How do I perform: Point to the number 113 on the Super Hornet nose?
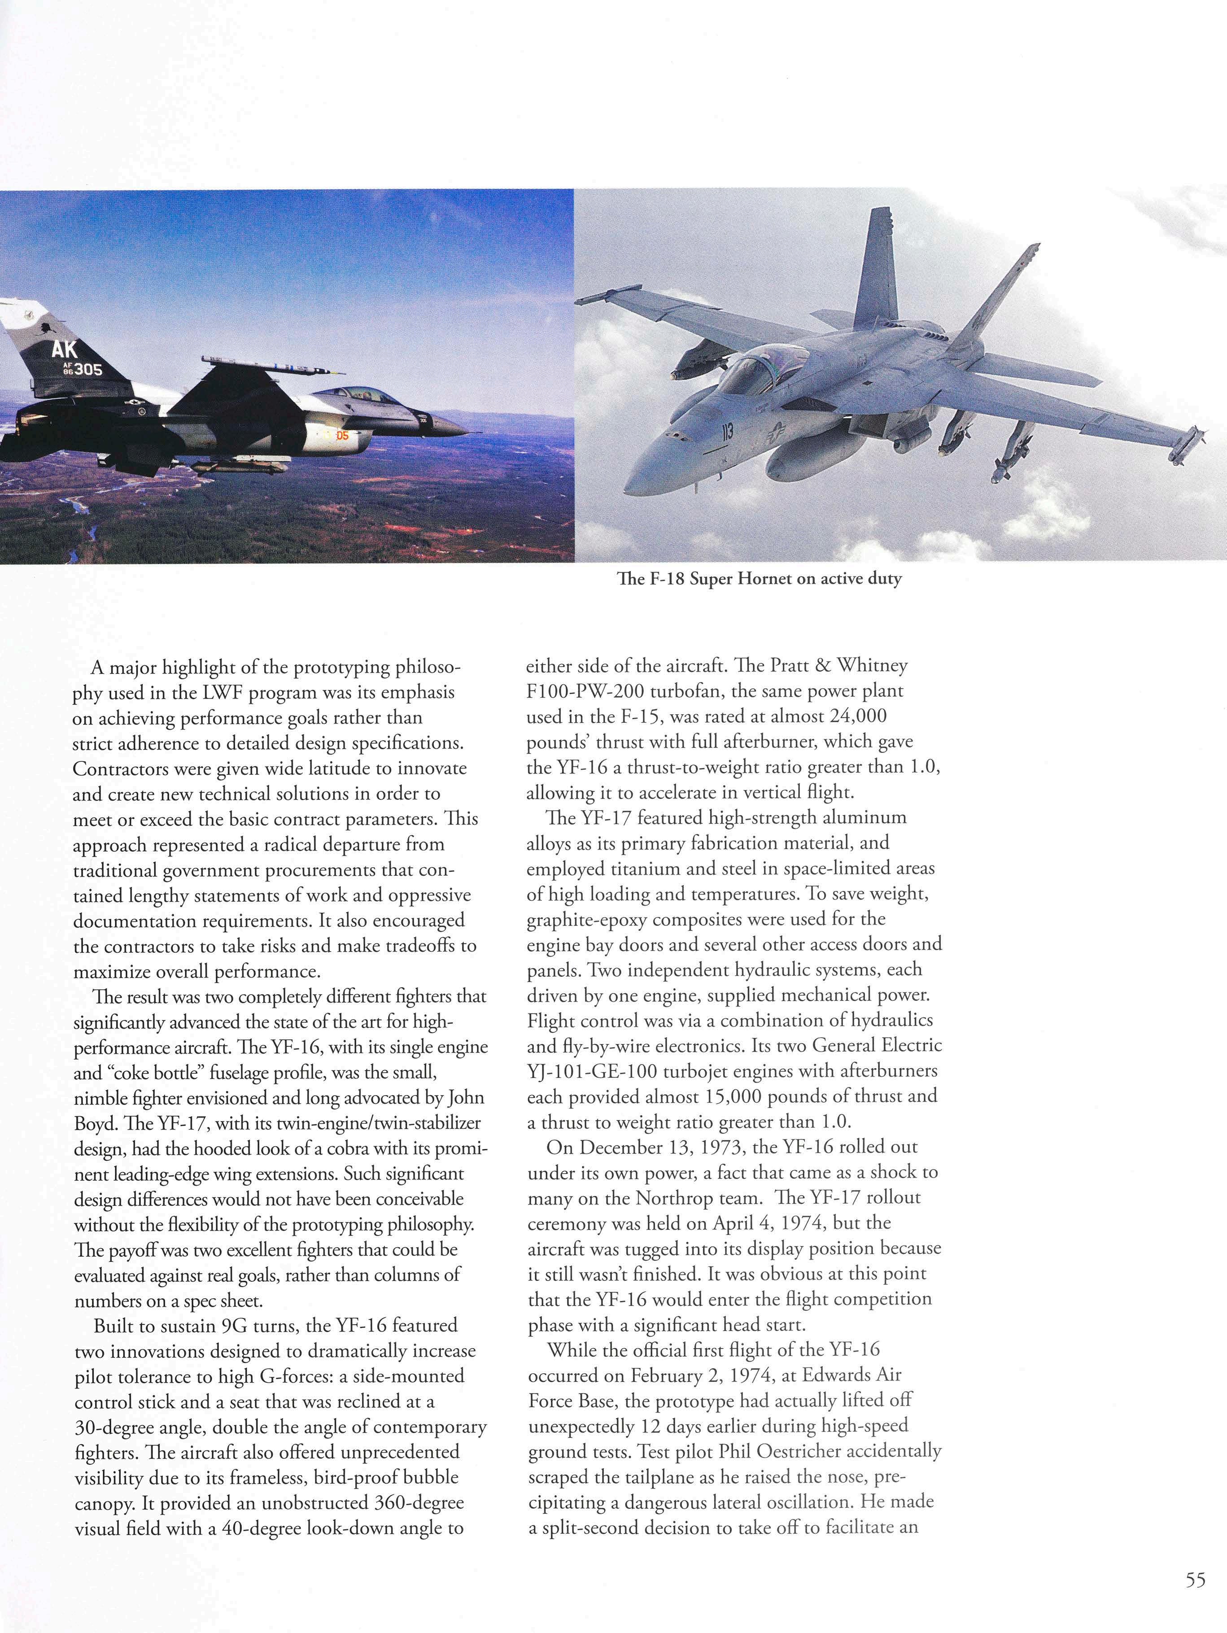point(727,432)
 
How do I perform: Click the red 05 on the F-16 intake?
point(342,436)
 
